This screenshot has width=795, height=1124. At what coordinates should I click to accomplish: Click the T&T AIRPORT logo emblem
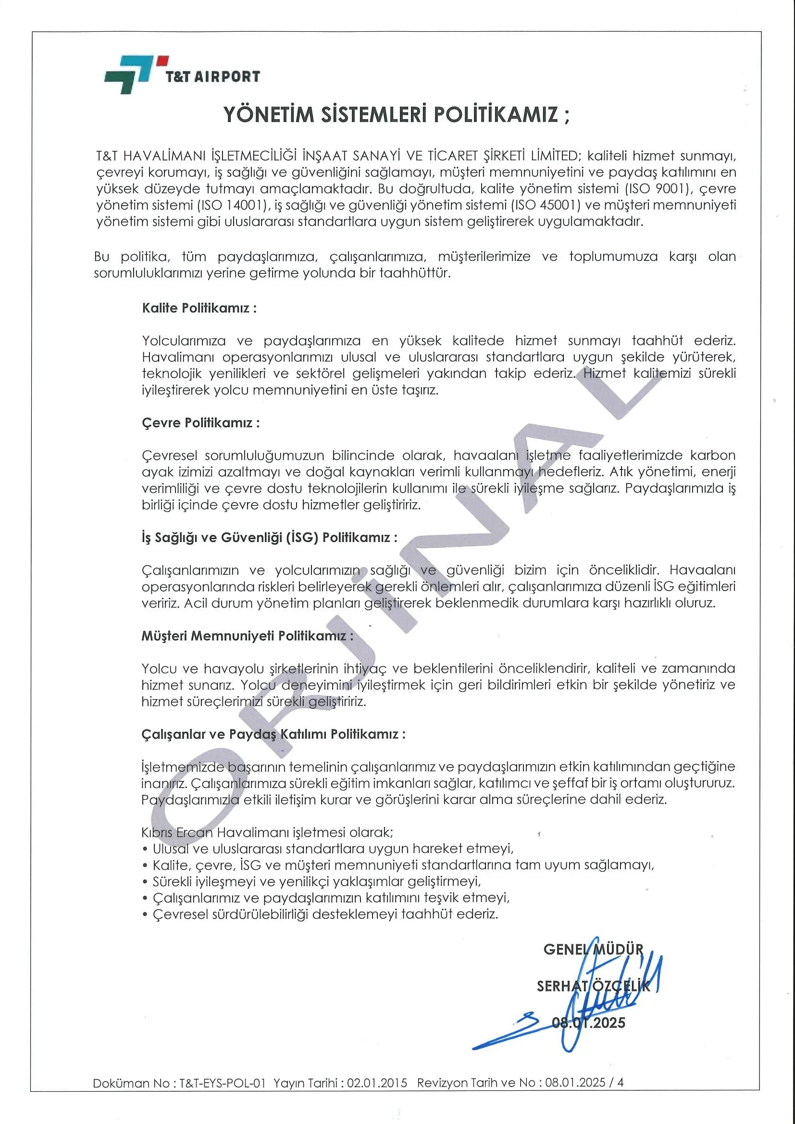coord(129,74)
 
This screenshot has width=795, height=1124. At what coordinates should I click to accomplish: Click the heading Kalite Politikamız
coord(199,309)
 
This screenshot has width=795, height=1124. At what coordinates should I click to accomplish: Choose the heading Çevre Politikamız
coord(200,423)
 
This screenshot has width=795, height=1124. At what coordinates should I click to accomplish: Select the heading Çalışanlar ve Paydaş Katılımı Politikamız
coord(273,734)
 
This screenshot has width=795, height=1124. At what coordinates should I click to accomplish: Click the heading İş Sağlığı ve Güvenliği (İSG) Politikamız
coord(269,538)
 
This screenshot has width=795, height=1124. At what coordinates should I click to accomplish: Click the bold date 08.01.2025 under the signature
coord(588,1023)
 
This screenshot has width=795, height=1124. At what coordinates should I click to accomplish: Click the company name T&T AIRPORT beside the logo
coord(213,77)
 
